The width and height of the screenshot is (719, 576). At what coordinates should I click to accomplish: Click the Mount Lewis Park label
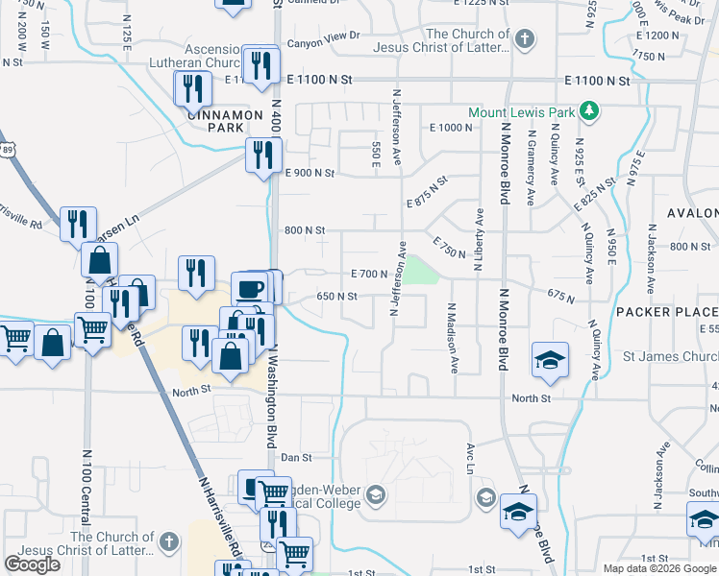521,112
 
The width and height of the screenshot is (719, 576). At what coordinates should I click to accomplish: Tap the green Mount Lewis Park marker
591,112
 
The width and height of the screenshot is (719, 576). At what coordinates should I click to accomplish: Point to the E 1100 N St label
597,82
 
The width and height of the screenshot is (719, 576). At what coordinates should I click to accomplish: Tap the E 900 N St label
309,173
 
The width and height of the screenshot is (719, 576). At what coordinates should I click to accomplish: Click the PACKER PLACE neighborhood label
666,312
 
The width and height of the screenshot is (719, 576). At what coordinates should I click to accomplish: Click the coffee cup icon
250,288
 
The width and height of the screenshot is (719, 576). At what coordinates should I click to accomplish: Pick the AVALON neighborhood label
692,213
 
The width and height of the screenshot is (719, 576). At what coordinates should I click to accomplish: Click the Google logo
32,564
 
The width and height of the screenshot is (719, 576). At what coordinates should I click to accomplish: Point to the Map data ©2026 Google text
659,568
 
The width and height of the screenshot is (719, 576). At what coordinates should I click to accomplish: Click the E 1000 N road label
452,128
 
